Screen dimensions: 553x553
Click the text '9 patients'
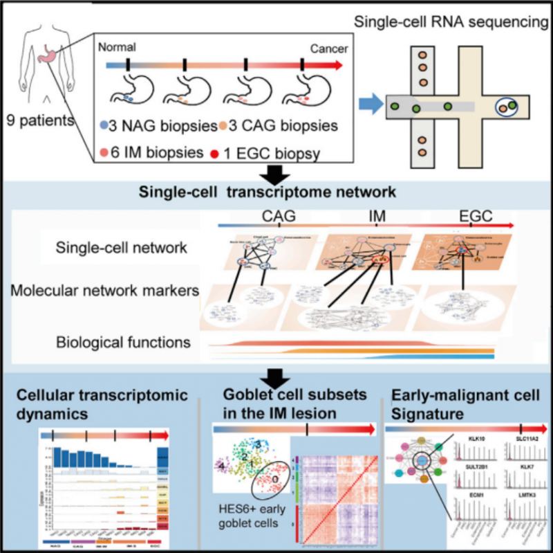pyautogui.click(x=39, y=120)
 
